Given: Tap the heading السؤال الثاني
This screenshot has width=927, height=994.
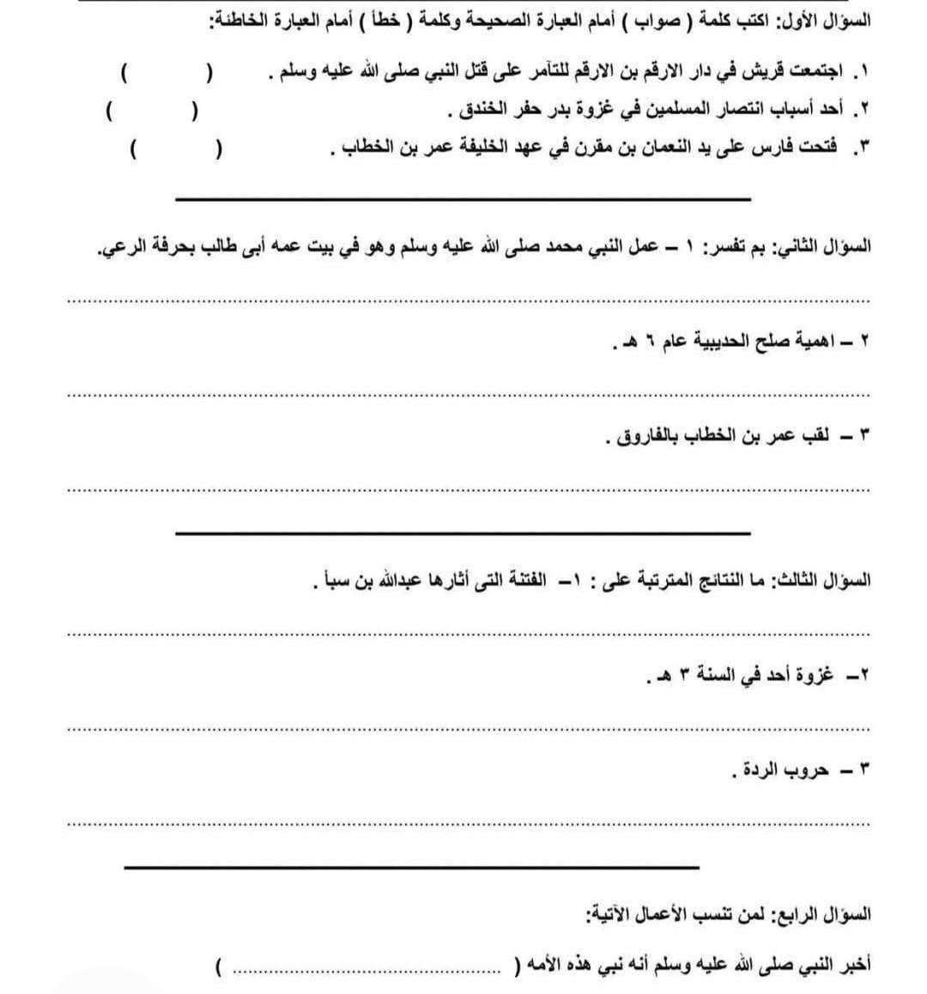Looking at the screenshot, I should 824,247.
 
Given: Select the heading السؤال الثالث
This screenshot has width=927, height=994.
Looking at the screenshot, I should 825,581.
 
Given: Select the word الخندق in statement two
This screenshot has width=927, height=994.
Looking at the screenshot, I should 476,111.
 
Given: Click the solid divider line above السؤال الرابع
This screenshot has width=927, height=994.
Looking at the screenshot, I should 411,867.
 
